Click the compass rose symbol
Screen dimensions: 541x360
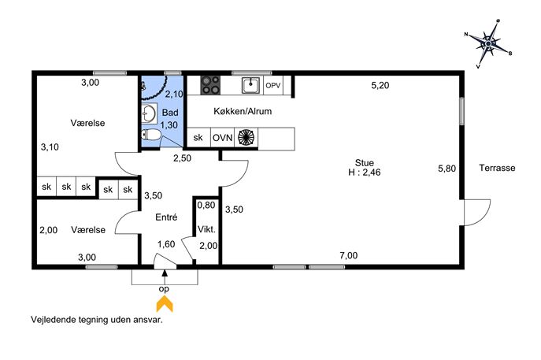tap(488, 44)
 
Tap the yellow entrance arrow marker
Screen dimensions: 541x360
tap(165, 305)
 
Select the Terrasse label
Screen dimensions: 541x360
tap(497, 168)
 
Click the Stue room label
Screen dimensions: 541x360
tap(365, 162)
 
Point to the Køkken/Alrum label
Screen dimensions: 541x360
tap(243, 111)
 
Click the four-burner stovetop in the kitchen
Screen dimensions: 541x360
tap(210, 85)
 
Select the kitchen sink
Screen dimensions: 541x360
tap(251, 85)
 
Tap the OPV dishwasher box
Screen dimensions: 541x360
tap(273, 85)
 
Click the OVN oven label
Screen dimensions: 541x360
tap(223, 138)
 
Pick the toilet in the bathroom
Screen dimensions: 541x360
tap(150, 135)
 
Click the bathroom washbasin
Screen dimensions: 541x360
tap(149, 113)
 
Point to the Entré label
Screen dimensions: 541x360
tap(166, 217)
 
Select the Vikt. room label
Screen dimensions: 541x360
tap(206, 229)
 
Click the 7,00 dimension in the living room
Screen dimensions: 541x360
tap(349, 255)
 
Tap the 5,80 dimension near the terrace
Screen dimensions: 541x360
tap(447, 169)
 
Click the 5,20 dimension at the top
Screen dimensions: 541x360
tap(380, 85)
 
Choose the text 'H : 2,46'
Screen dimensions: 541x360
tap(365, 173)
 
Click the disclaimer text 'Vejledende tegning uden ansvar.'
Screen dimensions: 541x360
tap(97, 320)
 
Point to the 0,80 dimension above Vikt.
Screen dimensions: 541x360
tap(206, 205)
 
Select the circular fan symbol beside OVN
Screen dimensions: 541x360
tap(246, 137)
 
